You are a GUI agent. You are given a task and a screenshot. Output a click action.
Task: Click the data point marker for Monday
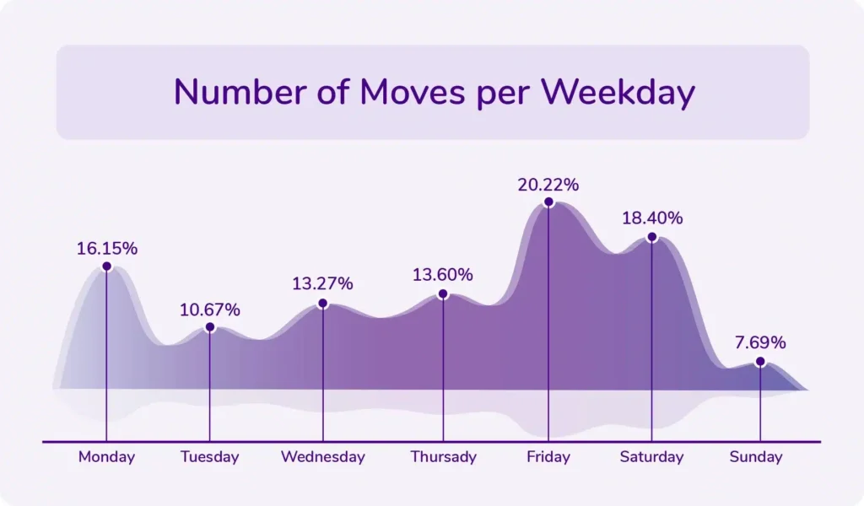(x=106, y=266)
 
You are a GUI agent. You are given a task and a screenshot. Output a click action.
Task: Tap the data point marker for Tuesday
(x=210, y=327)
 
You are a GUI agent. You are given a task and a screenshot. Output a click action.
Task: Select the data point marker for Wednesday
(x=322, y=303)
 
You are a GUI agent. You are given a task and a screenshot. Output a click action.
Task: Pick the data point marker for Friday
(x=548, y=202)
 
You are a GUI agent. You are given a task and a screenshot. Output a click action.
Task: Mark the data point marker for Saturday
(x=651, y=237)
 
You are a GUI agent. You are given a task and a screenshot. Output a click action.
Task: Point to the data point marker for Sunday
(x=760, y=362)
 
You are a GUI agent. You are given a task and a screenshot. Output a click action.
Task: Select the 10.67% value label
(x=210, y=310)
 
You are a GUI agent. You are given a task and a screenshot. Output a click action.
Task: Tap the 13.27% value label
(x=322, y=283)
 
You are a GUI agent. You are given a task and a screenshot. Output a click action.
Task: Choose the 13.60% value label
(x=442, y=275)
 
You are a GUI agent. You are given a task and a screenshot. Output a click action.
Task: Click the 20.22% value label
(x=548, y=184)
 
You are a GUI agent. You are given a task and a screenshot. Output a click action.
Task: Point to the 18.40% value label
(x=652, y=218)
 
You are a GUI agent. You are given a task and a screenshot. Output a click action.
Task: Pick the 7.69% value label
(x=760, y=342)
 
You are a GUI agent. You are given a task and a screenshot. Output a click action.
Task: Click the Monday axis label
(x=106, y=457)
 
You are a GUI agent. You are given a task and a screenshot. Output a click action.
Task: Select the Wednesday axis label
(x=322, y=457)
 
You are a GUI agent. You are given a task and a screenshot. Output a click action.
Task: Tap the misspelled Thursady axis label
(x=443, y=457)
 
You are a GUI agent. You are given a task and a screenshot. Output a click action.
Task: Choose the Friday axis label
(x=548, y=457)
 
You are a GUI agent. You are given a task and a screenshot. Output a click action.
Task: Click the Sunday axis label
(x=756, y=457)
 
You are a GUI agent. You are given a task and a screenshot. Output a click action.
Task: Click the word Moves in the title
(x=412, y=92)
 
